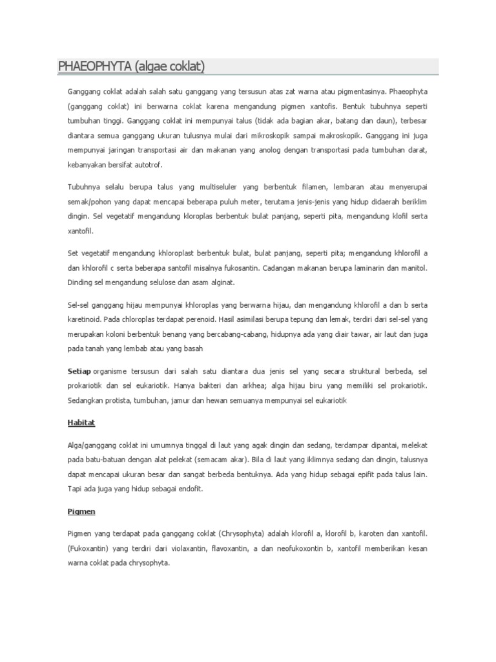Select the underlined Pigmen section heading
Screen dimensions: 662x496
(81, 511)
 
